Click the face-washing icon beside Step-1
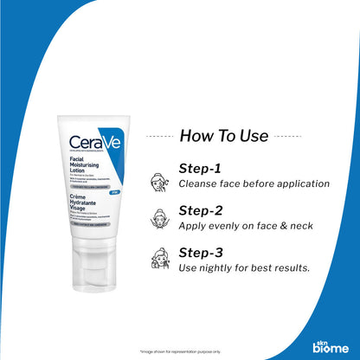tap(159, 177)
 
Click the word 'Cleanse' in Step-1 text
tap(199, 183)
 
